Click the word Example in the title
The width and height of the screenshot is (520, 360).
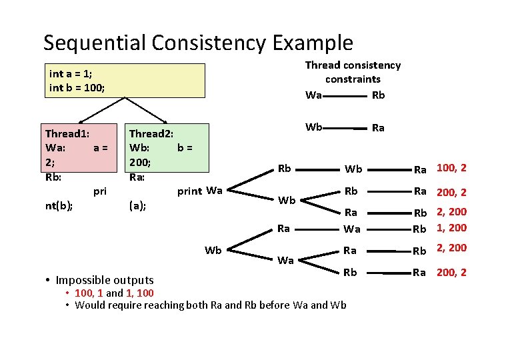tap(313, 43)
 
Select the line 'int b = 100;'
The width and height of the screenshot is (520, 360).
tap(77, 88)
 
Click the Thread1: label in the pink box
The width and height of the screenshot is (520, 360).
tap(67, 134)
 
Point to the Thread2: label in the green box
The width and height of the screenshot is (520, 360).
tap(151, 134)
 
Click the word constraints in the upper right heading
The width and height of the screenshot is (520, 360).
tap(353, 79)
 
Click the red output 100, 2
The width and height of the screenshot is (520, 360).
tap(451, 168)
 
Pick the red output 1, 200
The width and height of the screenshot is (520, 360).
tap(451, 227)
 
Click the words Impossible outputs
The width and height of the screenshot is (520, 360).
tap(105, 280)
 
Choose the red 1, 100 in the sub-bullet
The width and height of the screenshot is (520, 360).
tap(139, 293)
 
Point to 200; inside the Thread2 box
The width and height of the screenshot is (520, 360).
tap(140, 162)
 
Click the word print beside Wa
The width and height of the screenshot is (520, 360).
tap(189, 192)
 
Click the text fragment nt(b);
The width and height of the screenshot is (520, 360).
tap(59, 207)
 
